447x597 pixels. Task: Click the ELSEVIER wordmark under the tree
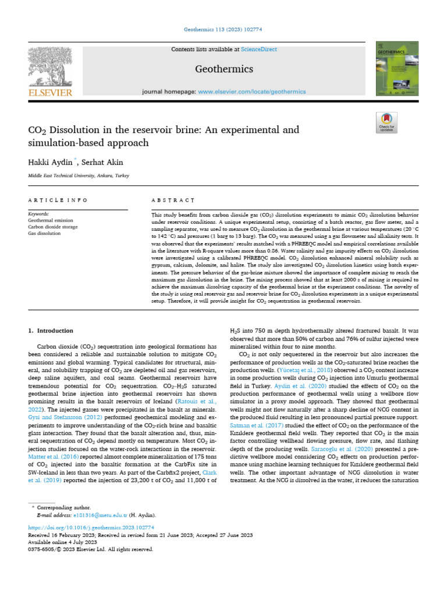[x=50, y=93]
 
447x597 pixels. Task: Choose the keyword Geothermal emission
[x=51, y=220]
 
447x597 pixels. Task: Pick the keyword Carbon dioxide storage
[x=55, y=227]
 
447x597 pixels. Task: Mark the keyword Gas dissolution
[x=44, y=233]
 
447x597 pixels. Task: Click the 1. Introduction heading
[x=51, y=331]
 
